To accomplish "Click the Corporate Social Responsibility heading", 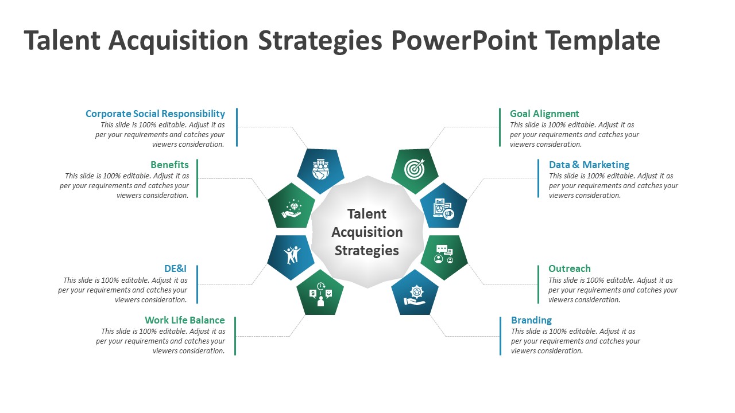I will coord(155,114).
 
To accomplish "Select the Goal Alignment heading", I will coord(544,114).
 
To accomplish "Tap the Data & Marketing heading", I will coord(589,165).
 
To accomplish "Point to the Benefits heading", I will coord(170,165).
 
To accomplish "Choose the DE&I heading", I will coord(175,268).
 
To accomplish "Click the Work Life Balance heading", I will coord(185,320).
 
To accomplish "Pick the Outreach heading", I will coord(570,268).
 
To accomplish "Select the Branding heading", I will coord(531,320).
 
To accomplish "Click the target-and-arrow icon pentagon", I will coord(415,169).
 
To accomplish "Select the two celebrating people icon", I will coord(292,254).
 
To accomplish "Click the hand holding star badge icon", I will coord(415,294).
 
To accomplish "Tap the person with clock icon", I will coord(320,294).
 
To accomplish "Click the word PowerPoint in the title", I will coord(464,40).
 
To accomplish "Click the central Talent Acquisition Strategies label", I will coord(367,232).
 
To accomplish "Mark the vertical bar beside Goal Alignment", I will coord(500,127).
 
